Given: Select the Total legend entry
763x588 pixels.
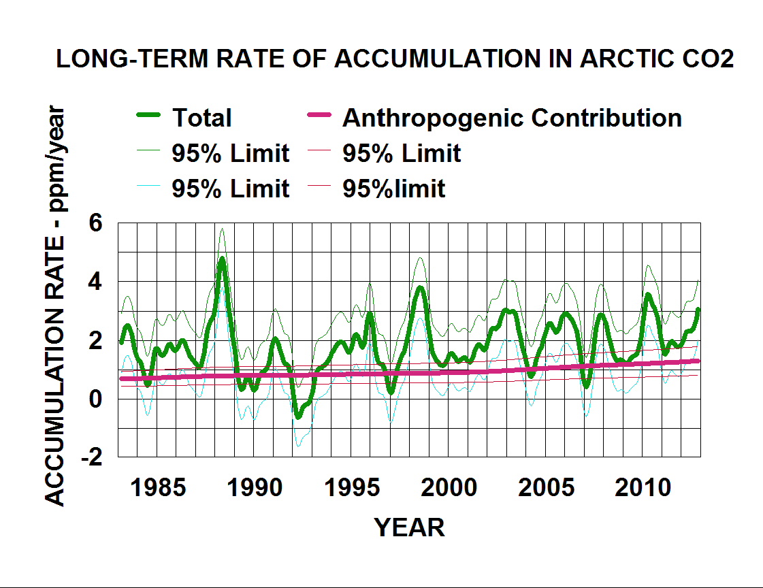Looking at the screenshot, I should pyautogui.click(x=201, y=118).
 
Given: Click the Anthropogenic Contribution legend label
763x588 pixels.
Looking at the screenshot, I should pyautogui.click(x=512, y=118).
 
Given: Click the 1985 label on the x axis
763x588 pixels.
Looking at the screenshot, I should pyautogui.click(x=158, y=488).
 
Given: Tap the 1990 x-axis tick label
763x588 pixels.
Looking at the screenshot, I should pyautogui.click(x=255, y=488).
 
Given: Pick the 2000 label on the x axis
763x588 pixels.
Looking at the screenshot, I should pyautogui.click(x=448, y=488).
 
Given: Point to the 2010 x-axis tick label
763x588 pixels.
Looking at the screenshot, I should pyautogui.click(x=642, y=488).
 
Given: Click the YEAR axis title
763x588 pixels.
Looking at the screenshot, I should pyautogui.click(x=410, y=527).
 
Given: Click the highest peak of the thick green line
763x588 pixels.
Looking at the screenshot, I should pyautogui.click(x=222, y=259).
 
